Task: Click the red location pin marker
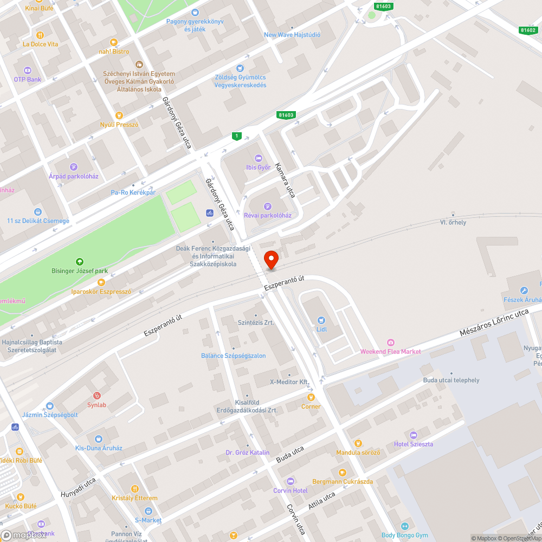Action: click(x=270, y=260)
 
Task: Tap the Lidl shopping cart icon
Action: click(x=321, y=320)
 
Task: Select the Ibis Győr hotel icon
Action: click(x=258, y=158)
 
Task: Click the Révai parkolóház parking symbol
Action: click(x=267, y=206)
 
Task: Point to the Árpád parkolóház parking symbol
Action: click(x=73, y=166)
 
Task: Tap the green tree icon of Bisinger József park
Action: click(x=80, y=261)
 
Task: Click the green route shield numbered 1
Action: click(x=236, y=136)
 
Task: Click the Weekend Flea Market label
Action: click(x=390, y=351)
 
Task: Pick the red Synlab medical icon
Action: click(x=97, y=396)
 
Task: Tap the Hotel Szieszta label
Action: click(x=414, y=444)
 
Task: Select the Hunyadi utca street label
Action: click(x=78, y=487)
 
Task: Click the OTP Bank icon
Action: click(x=28, y=70)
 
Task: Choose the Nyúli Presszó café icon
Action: click(x=119, y=115)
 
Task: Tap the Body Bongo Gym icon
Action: click(x=404, y=526)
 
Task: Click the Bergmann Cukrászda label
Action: click(x=343, y=481)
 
